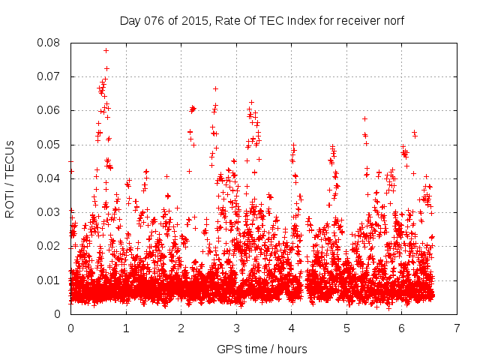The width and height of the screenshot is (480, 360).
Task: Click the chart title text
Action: click(262, 20)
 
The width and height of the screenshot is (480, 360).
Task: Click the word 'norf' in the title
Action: click(391, 20)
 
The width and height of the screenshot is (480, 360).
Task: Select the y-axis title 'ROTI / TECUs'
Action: click(10, 178)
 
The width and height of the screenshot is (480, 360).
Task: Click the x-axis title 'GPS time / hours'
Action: click(262, 349)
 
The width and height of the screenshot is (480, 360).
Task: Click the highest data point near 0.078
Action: click(106, 50)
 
